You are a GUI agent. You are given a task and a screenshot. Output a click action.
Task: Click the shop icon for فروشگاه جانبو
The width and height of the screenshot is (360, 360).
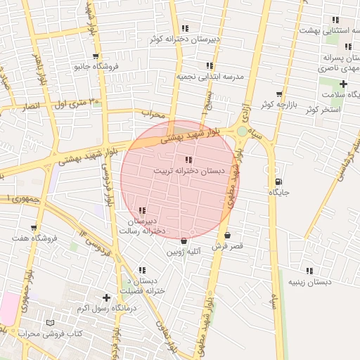coord(96,56)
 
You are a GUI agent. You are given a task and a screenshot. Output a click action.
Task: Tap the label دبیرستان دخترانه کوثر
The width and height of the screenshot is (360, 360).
coord(184,39)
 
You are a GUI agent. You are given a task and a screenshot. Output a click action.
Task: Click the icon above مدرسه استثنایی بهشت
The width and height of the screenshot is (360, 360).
coord(335,20)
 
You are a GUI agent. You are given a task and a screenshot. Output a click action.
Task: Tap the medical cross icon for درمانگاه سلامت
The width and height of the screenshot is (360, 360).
coord(343,84)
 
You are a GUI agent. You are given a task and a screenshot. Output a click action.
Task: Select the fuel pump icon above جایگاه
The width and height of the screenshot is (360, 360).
coord(278,181)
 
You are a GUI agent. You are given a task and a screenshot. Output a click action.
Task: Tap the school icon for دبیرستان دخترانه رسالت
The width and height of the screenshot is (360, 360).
coord(143,210)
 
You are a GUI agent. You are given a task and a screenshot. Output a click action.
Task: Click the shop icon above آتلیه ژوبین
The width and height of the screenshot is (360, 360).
coord(184,240)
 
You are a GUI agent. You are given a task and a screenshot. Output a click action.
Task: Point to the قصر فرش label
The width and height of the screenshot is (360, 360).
coord(227,246)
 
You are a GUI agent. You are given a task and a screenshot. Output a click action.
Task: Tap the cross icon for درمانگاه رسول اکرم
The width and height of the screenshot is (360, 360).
coord(106,297)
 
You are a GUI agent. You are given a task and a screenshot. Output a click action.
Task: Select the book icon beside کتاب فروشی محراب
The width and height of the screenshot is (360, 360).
coord(49,323)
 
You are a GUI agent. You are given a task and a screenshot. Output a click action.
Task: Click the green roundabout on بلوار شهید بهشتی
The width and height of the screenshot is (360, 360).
coord(243,131)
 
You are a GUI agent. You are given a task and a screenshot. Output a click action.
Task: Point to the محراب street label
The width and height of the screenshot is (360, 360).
coord(152,112)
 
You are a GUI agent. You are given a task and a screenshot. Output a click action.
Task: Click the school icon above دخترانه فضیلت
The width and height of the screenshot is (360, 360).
coord(142,270)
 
